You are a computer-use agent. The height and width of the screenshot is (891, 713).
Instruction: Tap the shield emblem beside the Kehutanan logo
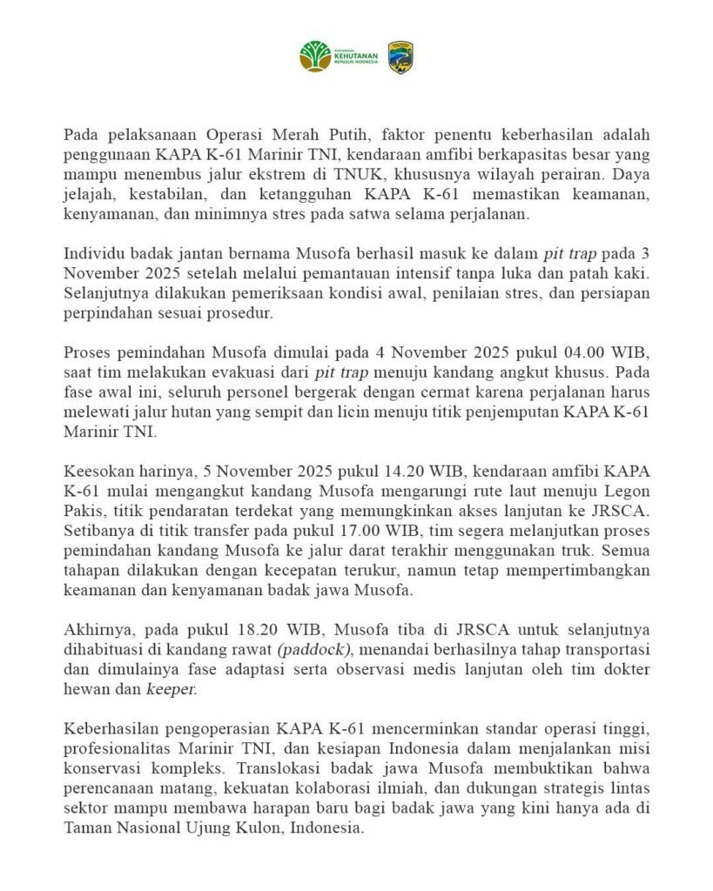pyautogui.click(x=400, y=56)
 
